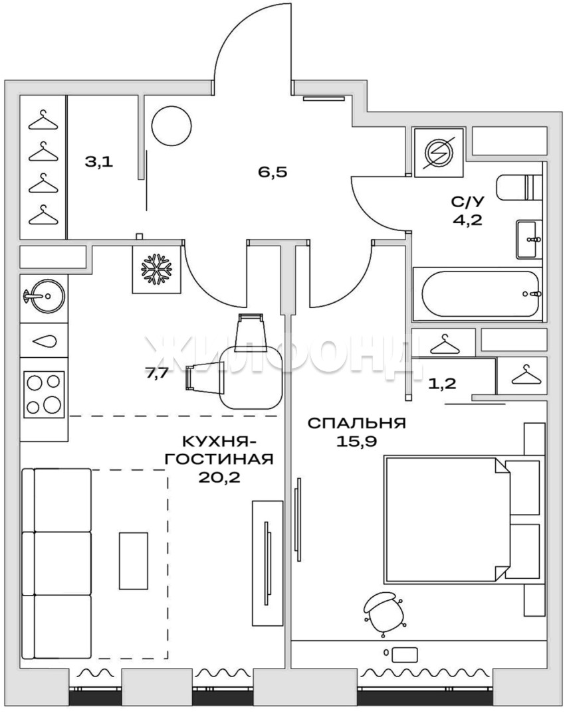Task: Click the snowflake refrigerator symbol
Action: (156, 268)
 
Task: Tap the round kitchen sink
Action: (43, 296)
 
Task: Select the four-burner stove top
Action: (45, 393)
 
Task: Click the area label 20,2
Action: (219, 477)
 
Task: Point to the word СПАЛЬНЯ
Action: (357, 423)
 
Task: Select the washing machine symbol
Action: (439, 153)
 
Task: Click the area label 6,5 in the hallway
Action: (272, 173)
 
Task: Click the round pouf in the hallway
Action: (171, 126)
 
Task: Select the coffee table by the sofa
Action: (134, 560)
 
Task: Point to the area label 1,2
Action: (442, 383)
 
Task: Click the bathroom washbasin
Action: (530, 239)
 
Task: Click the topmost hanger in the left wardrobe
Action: (44, 119)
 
